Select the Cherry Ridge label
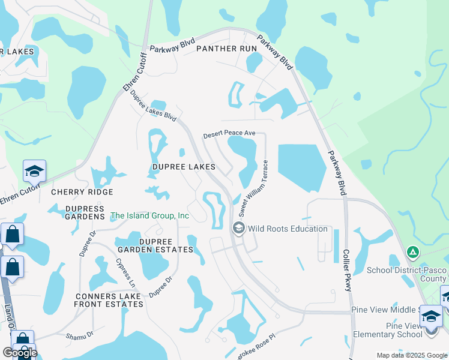pyautogui.click(x=82, y=192)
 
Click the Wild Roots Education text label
pyautogui.click(x=288, y=229)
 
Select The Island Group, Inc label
pyautogui.click(x=150, y=215)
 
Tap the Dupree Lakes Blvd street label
pyautogui.click(x=153, y=107)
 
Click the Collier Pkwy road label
pyautogui.click(x=346, y=270)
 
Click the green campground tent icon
pyautogui.click(x=412, y=251)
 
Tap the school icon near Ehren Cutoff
pyautogui.click(x=34, y=172)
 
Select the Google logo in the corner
pyautogui.click(x=20, y=353)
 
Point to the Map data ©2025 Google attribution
pyautogui.click(x=411, y=355)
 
